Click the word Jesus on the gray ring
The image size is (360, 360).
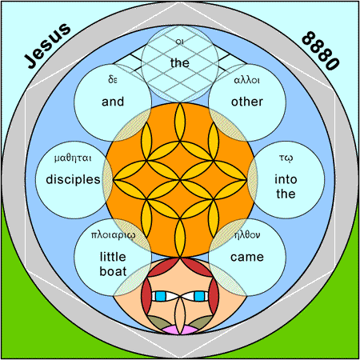click(47, 46)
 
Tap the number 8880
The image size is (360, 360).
click(320, 51)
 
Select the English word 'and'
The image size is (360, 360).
click(113, 102)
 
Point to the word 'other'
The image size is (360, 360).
click(247, 102)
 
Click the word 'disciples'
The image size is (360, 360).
click(73, 179)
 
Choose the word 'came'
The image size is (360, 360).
click(247, 258)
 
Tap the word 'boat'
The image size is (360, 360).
click(113, 271)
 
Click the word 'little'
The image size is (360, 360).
click(113, 257)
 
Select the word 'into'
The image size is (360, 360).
click(286, 179)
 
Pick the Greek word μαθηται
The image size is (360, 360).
click(73, 158)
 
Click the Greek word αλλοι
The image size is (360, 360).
click(246, 80)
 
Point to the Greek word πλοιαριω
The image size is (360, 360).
click(113, 234)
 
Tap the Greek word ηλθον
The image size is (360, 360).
click(247, 235)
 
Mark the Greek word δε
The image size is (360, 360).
click(113, 79)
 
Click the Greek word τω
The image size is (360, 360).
click(286, 158)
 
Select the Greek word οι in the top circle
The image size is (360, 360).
click(180, 42)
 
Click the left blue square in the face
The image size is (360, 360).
click(161, 296)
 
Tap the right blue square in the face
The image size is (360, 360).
click(199, 296)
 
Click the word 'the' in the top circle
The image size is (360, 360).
click(180, 63)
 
